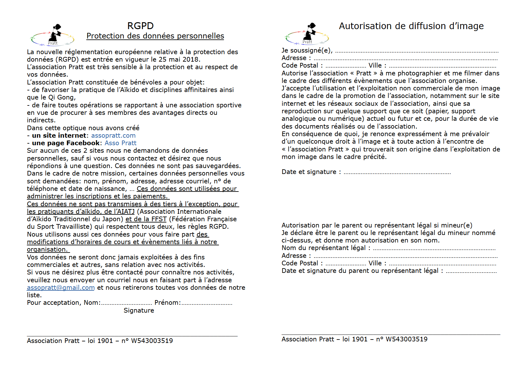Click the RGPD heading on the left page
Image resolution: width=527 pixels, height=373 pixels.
pos(140,26)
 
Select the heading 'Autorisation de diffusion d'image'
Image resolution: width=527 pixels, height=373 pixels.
pos(411,26)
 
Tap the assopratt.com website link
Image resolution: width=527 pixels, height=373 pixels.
pos(113,135)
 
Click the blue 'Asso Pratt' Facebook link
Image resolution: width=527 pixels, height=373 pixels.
pos(120,143)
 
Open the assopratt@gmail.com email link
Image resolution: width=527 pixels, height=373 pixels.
pos(61,288)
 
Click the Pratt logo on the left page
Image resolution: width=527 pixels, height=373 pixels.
pos(53,35)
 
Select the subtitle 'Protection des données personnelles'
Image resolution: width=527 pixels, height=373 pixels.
pos(155,36)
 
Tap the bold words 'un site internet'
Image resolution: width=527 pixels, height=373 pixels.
pos(59,135)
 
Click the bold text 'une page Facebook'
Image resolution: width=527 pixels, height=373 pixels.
pos(66,143)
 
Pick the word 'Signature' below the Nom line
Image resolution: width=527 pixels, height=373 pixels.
pos(139,310)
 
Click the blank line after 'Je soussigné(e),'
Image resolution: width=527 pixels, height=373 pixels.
pos(417,51)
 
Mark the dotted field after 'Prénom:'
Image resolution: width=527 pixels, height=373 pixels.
pos(207,303)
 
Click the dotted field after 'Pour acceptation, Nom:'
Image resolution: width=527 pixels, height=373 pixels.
pos(126,303)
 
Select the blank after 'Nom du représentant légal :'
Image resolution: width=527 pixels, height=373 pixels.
pos(434,249)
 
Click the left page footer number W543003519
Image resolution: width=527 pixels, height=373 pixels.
pos(152,341)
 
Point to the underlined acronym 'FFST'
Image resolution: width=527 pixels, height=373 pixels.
pos(159,219)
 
